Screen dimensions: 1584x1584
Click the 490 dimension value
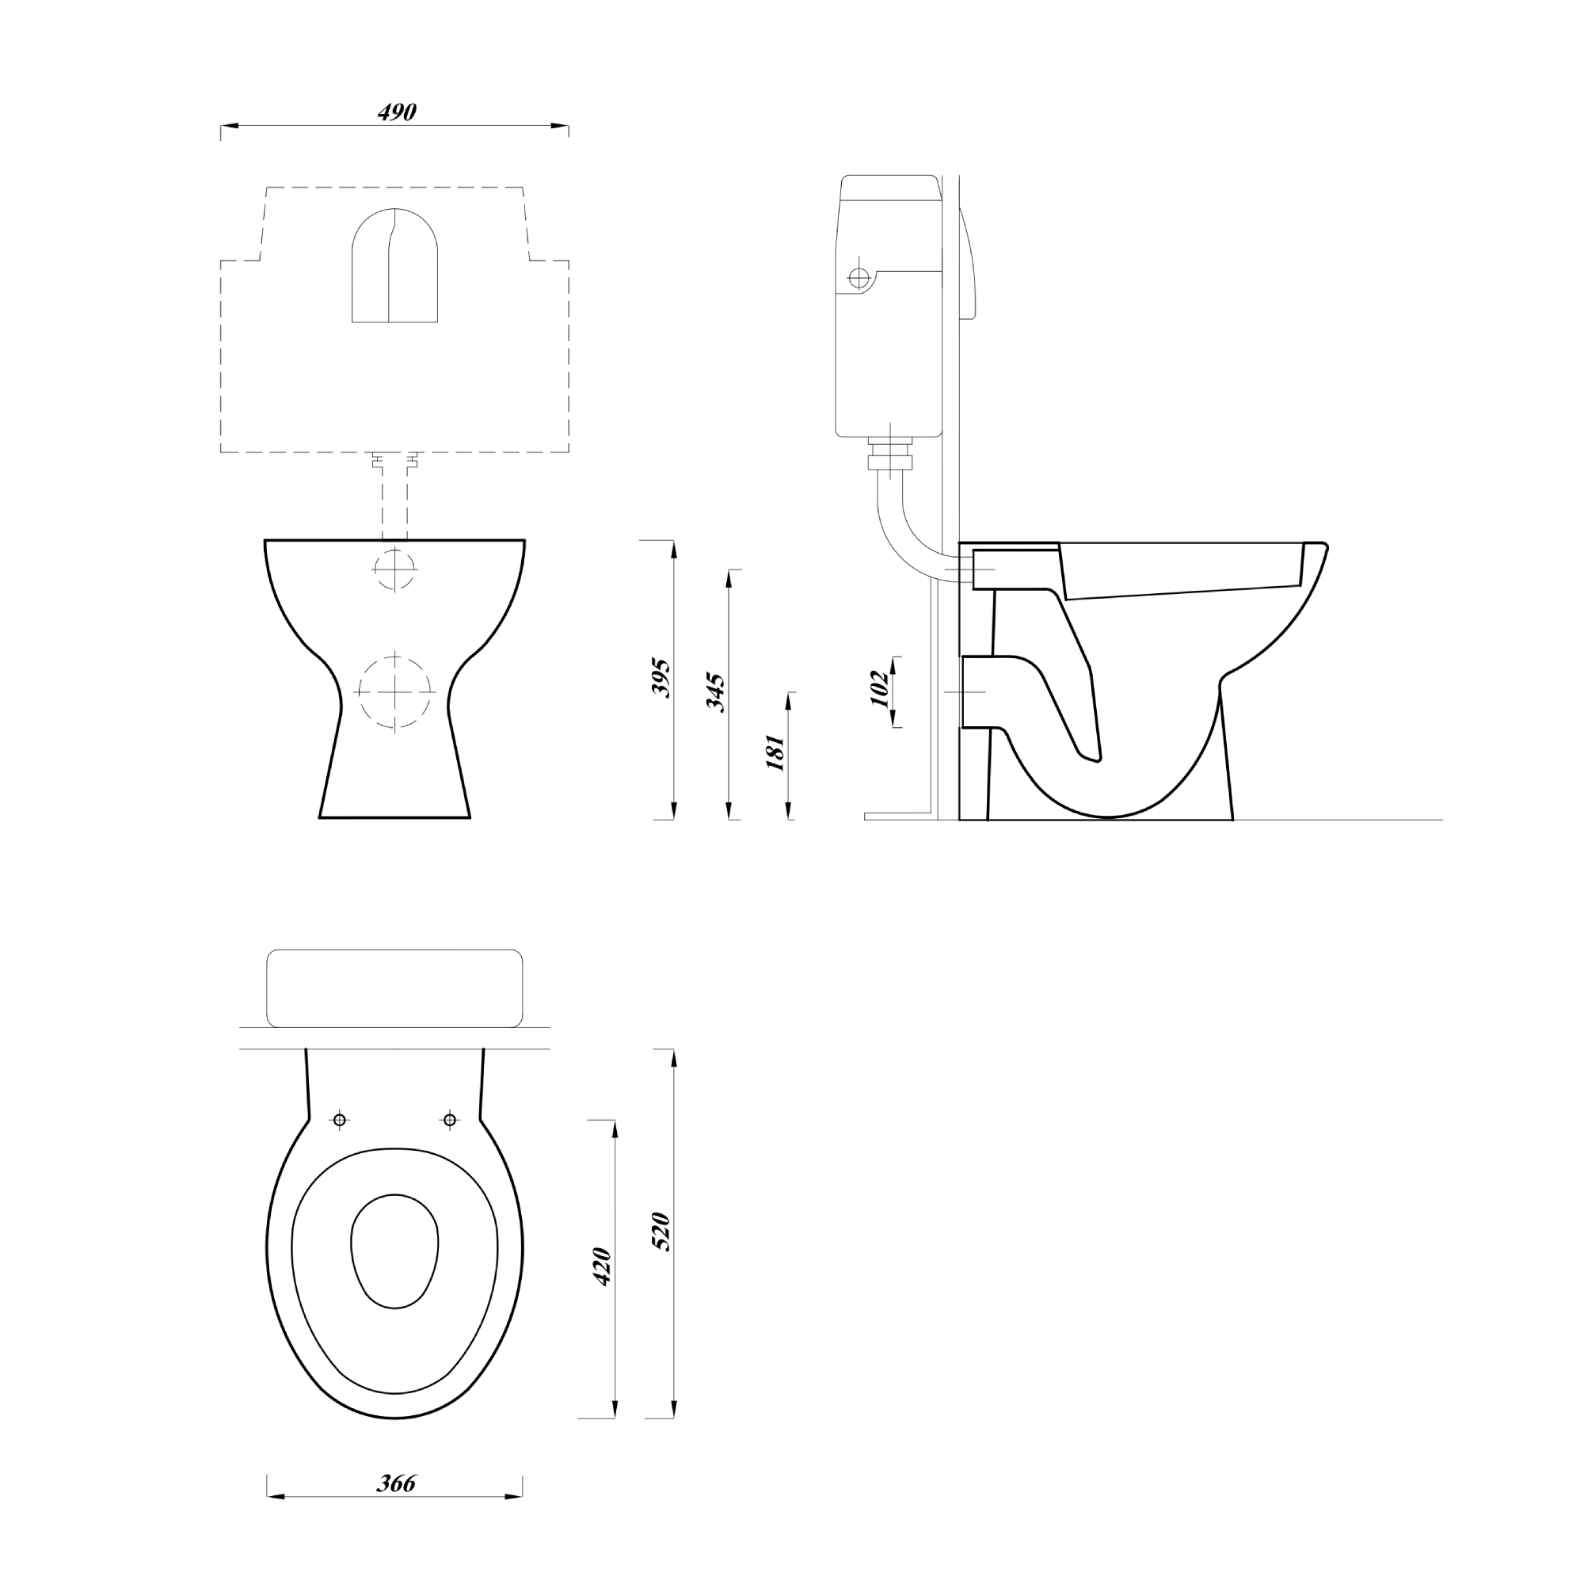397,112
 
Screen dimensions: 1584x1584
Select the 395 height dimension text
661,677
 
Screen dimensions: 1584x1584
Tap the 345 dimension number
716,692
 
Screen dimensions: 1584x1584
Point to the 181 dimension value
775,752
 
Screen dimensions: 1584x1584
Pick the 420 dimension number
602,1266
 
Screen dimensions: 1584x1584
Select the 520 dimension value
661,1232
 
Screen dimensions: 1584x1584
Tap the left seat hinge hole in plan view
340,1120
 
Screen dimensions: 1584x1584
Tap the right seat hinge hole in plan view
449,1120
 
